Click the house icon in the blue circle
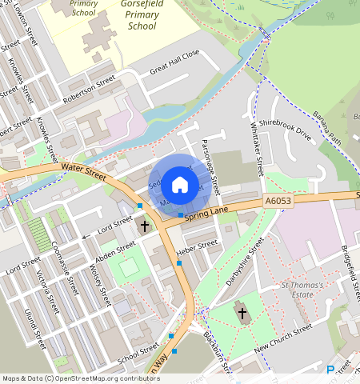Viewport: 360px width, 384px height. click(180, 185)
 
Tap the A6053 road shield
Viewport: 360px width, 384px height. click(275, 204)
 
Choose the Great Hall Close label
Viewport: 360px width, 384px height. click(174, 64)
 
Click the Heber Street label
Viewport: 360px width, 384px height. click(197, 246)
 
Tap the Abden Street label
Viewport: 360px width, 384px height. click(115, 250)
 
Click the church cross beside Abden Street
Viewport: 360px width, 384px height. click(145, 226)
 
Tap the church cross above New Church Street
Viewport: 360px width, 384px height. click(243, 312)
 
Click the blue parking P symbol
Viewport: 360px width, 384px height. click(331, 370)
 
